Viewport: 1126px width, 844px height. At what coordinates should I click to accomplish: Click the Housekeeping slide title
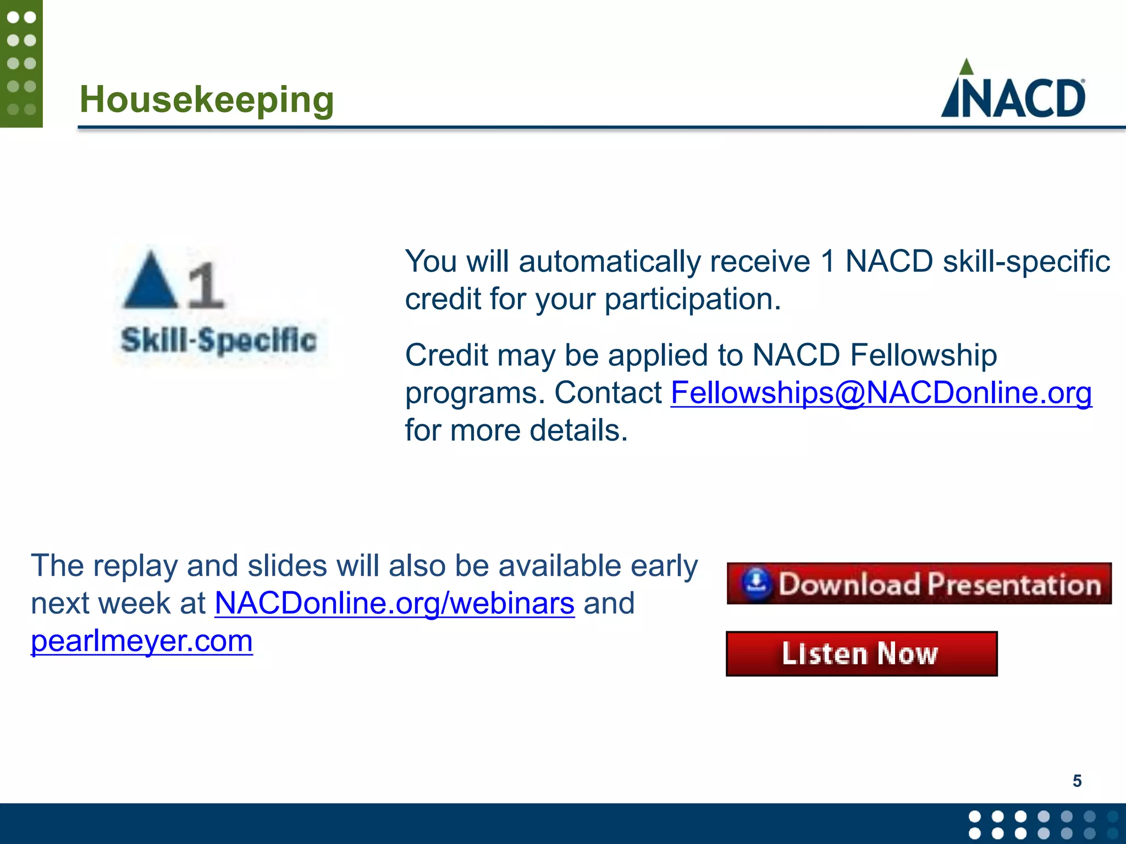(207, 100)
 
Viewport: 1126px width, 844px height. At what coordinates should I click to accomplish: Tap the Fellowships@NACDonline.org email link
(881, 393)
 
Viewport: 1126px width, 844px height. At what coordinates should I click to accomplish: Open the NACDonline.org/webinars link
(394, 604)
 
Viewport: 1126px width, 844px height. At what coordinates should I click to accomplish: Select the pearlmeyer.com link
(142, 641)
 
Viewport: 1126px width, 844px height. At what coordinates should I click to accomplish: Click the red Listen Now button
(861, 654)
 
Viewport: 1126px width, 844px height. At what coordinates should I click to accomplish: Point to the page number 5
(1077, 781)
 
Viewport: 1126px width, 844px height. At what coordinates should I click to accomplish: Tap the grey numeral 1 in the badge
(205, 285)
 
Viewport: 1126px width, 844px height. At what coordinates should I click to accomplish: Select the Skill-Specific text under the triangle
(219, 340)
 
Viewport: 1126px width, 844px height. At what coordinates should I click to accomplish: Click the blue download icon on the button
(757, 584)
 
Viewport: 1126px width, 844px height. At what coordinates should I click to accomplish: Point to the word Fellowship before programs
(923, 356)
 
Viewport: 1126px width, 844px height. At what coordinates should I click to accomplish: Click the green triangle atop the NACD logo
(966, 68)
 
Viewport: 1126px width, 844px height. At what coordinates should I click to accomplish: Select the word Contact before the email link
(608, 393)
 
